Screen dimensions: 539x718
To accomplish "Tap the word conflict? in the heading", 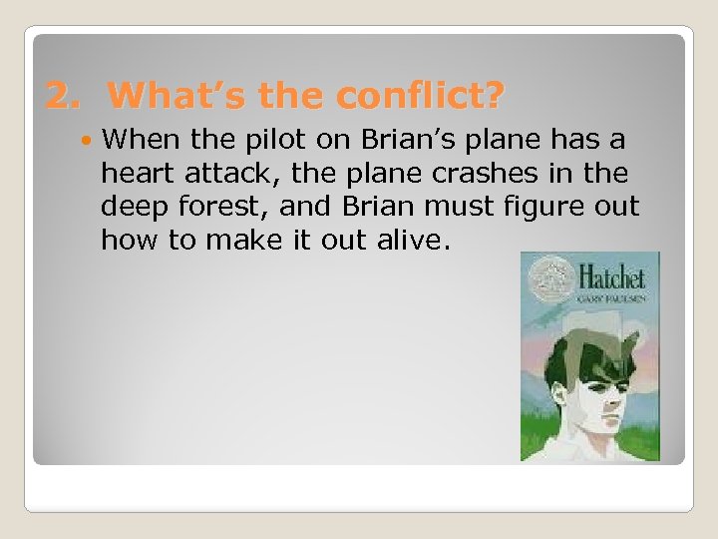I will tap(420, 96).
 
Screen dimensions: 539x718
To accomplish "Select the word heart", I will tap(135, 173).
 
